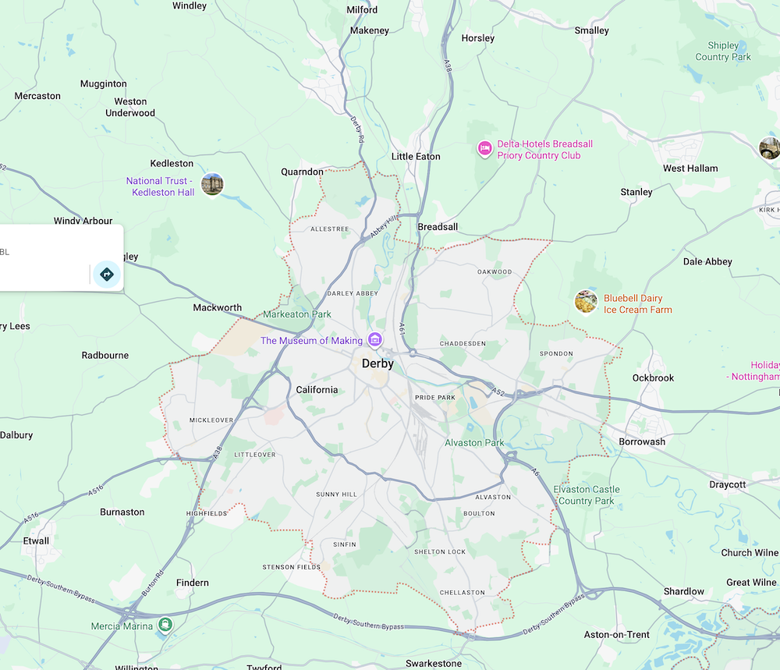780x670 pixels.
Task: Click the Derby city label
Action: click(378, 363)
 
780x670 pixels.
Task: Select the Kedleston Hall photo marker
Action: click(212, 184)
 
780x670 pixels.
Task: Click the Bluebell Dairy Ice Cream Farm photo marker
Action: click(586, 301)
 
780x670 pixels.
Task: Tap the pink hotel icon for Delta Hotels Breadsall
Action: click(484, 147)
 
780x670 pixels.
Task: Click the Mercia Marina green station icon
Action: click(165, 624)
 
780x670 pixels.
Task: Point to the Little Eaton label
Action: click(416, 157)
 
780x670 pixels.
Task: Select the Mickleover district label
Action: click(211, 420)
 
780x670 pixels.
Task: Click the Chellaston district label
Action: click(462, 593)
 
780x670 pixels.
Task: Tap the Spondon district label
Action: click(556, 354)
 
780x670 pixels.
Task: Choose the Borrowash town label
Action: click(642, 441)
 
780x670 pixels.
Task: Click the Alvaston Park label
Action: click(474, 443)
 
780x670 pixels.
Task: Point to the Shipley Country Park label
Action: click(723, 51)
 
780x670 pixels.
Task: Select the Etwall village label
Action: click(36, 541)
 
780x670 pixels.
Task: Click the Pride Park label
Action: click(434, 398)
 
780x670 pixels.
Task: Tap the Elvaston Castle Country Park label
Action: click(587, 495)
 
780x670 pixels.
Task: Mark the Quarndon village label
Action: click(302, 172)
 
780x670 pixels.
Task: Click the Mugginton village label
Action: click(104, 83)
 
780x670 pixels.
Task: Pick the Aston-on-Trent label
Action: click(617, 634)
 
